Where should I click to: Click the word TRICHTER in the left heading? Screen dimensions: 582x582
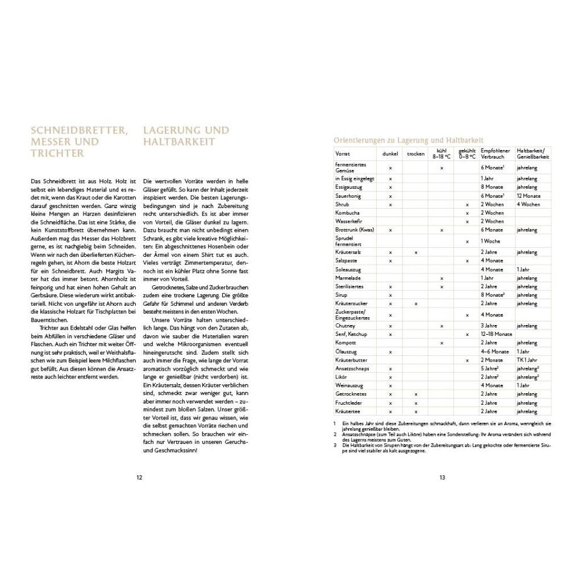(x=57, y=153)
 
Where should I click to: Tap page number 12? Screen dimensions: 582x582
(x=139, y=477)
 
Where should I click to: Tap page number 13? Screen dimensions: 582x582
(x=442, y=477)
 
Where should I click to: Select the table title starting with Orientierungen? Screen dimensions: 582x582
(x=408, y=140)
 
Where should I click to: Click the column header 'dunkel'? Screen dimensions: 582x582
(x=390, y=153)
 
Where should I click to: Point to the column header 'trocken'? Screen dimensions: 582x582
(x=415, y=153)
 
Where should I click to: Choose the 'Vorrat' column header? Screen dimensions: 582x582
(x=343, y=153)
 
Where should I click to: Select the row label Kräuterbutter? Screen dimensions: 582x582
(x=351, y=360)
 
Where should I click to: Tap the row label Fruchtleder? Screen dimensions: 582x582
(x=350, y=402)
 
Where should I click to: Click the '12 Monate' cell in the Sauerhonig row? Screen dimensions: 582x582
(x=528, y=196)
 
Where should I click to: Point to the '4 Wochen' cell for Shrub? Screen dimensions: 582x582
(x=528, y=204)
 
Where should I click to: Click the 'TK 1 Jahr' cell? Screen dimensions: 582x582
(x=527, y=360)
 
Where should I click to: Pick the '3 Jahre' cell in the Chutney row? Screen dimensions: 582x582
(x=489, y=326)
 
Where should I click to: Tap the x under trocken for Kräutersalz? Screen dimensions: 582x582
(x=416, y=252)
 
